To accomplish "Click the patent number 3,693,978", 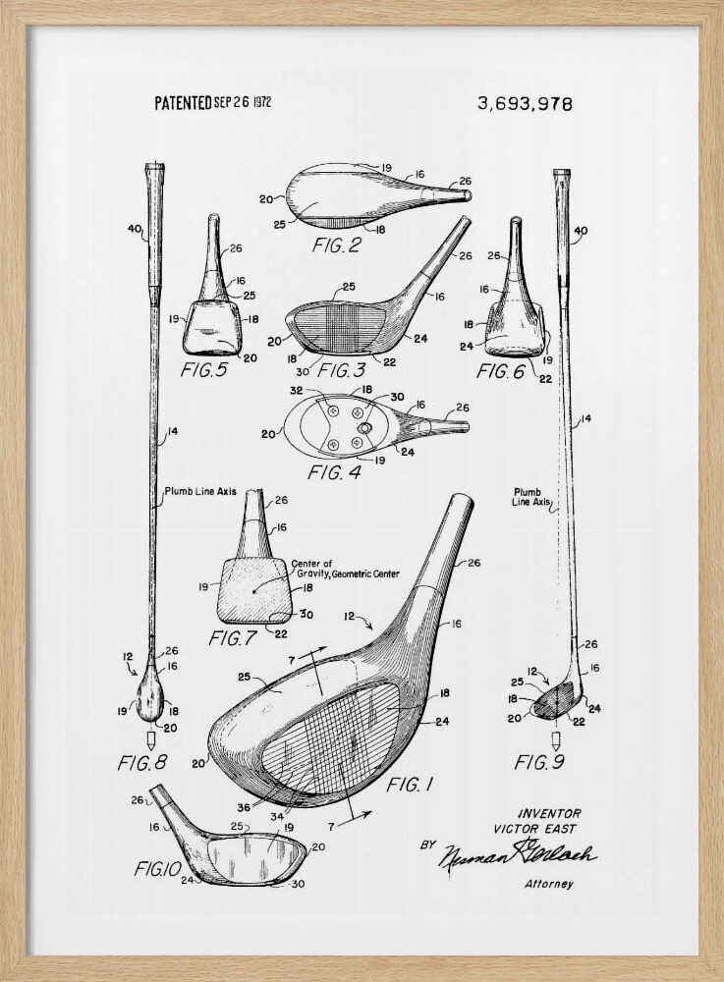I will [525, 103].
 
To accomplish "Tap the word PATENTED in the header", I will [183, 102].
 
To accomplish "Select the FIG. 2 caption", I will [336, 245].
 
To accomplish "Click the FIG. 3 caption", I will [348, 370].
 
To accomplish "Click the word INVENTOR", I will [549, 813].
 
